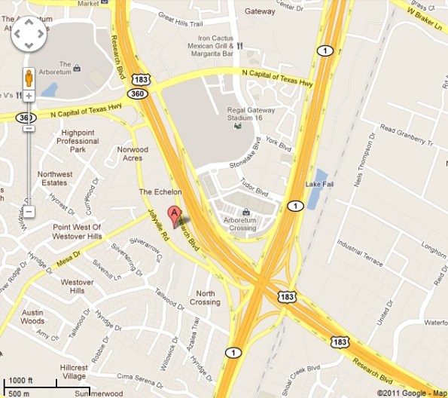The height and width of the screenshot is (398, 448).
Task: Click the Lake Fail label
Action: (317, 184)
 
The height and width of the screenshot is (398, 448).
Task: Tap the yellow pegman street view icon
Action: (29, 78)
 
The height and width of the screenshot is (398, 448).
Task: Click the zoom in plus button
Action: (29, 96)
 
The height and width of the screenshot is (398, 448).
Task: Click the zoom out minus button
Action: (29, 212)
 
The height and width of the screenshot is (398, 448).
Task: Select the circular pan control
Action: (29, 33)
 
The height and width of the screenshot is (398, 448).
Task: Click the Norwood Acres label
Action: (133, 154)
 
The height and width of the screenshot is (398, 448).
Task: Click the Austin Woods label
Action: (33, 316)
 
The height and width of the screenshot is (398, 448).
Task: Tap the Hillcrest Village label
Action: (74, 372)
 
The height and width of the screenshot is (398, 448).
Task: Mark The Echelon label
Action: (157, 192)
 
